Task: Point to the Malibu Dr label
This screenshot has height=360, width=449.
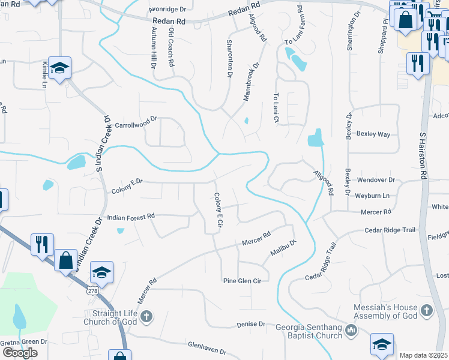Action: (x=283, y=248)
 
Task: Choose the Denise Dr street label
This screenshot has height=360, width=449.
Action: (x=250, y=324)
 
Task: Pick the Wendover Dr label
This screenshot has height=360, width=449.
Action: (x=376, y=179)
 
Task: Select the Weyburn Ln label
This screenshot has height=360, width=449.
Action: (x=372, y=196)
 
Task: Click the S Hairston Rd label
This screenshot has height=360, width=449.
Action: (x=423, y=156)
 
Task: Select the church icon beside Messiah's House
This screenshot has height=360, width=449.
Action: (x=426, y=310)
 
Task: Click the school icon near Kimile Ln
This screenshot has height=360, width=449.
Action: (x=59, y=68)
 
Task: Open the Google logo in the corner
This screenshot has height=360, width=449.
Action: (x=20, y=353)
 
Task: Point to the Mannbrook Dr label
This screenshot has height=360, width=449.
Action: (x=251, y=80)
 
